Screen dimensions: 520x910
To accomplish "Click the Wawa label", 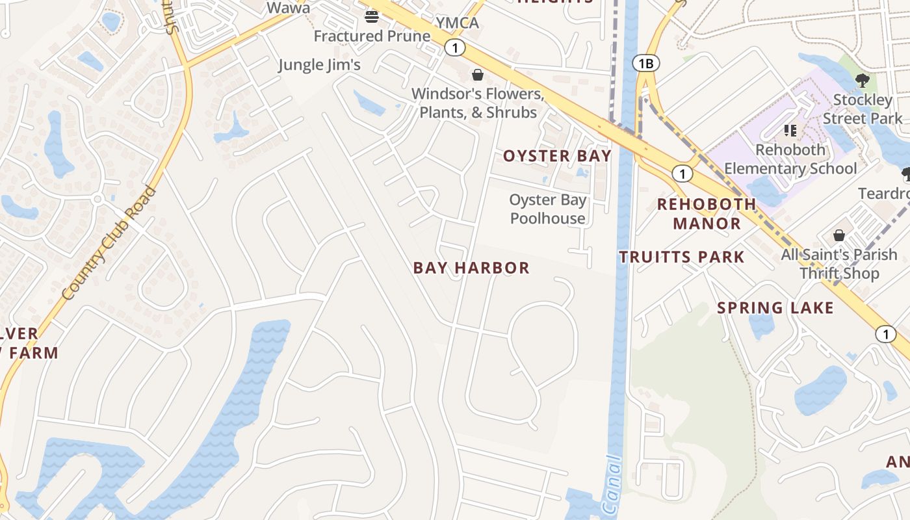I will (x=289, y=8).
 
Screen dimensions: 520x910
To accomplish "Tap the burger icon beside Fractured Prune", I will (x=372, y=16).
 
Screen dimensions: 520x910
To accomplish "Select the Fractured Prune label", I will (x=372, y=36).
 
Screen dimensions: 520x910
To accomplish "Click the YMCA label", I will (x=457, y=23).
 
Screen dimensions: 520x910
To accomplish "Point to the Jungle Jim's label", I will (x=319, y=64).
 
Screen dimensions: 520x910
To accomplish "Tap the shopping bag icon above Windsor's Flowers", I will (x=478, y=75).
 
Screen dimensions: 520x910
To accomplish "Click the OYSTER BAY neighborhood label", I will (x=557, y=156).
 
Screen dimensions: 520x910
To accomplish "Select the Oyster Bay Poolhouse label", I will (x=548, y=209).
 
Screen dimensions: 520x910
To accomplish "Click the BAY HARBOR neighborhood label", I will (x=471, y=268).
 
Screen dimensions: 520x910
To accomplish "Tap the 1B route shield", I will (x=645, y=63).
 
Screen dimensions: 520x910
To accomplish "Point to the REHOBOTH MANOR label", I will (x=707, y=214).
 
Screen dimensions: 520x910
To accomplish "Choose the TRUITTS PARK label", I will (x=681, y=257).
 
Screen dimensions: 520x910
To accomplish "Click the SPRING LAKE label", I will (x=775, y=307).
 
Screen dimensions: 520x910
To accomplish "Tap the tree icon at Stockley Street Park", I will (x=863, y=81).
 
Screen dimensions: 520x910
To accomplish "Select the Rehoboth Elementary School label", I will (x=790, y=159).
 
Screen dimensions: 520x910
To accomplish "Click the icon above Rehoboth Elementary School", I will (x=790, y=131).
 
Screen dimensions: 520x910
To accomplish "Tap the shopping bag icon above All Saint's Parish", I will (x=839, y=235).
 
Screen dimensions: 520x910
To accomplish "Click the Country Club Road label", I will (x=110, y=243).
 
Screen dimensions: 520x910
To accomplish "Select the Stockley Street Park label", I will (x=863, y=109).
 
